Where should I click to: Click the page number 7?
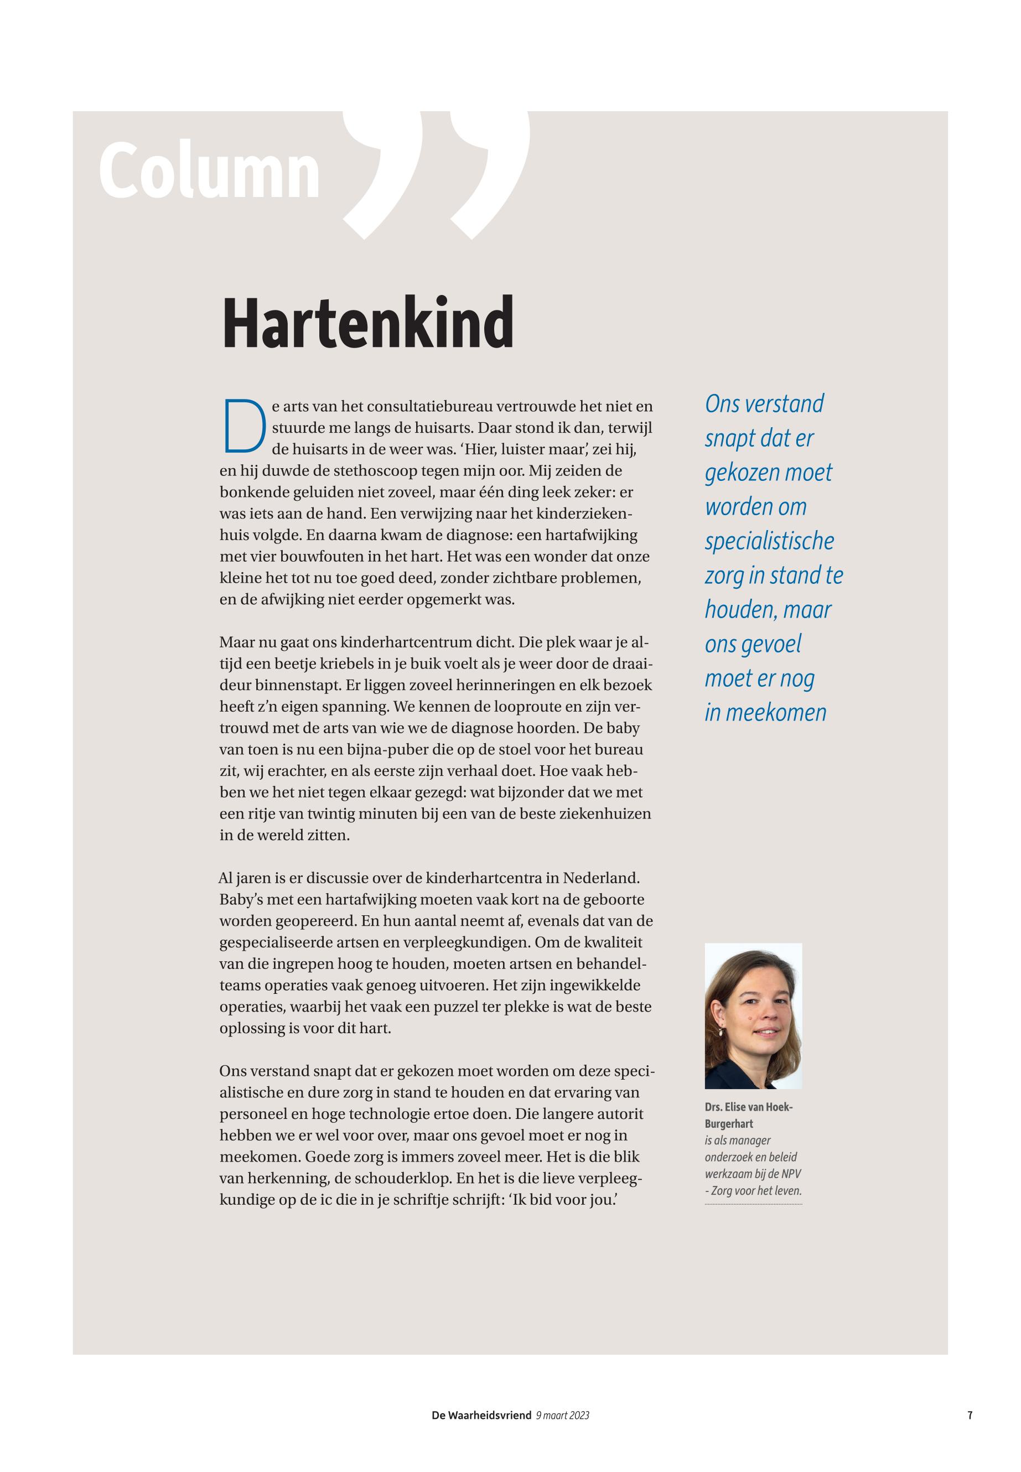pyautogui.click(x=970, y=1415)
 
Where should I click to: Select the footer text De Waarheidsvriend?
pyautogui.click(x=481, y=1415)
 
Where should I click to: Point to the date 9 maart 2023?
pyautogui.click(x=562, y=1415)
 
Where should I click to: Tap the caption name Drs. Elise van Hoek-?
pyautogui.click(x=749, y=1107)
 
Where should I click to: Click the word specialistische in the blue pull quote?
pyautogui.click(x=769, y=541)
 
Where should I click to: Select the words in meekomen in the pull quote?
pyautogui.click(x=765, y=713)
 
